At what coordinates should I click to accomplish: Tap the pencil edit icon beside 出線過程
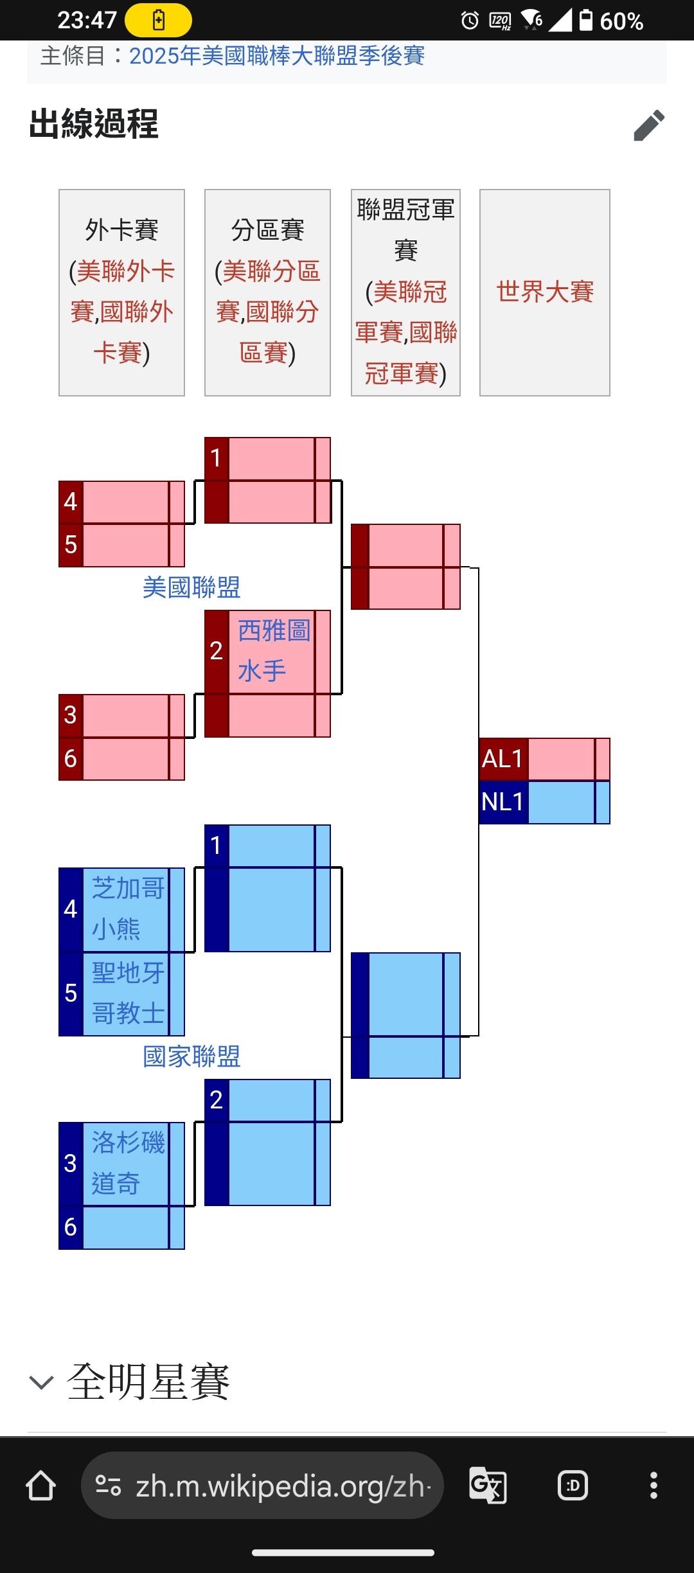(x=648, y=125)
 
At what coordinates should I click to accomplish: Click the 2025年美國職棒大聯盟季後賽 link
(x=277, y=56)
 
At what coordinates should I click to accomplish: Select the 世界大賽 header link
(x=545, y=292)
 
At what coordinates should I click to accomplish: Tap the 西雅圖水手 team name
(x=273, y=651)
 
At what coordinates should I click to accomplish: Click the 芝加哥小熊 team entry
(x=128, y=909)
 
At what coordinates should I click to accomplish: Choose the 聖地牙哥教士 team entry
(x=128, y=993)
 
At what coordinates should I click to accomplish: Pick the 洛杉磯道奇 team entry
(x=128, y=1163)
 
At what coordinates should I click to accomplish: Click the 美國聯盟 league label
(x=191, y=587)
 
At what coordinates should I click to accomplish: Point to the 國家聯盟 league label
(x=191, y=1056)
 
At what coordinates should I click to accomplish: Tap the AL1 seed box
(x=503, y=759)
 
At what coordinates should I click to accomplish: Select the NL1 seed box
(x=503, y=802)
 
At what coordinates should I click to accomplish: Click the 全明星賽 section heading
(x=148, y=1382)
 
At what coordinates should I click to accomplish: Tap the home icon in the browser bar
(x=40, y=1486)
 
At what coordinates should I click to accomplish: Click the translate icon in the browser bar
(x=488, y=1486)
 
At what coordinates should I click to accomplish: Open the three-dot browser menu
(x=654, y=1486)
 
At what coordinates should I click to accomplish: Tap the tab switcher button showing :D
(x=573, y=1486)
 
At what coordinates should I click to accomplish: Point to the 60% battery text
(x=621, y=21)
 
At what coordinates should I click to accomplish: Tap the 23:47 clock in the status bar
(x=87, y=21)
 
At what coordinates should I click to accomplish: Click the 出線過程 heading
(x=94, y=124)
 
